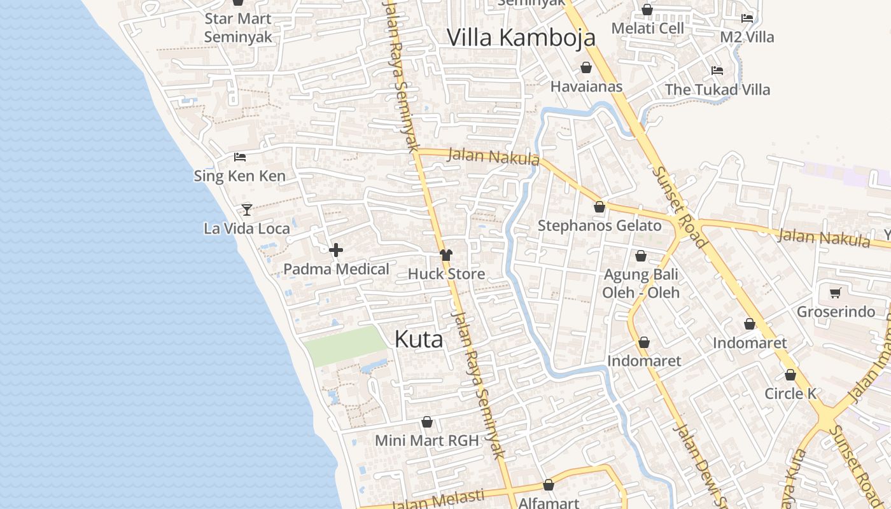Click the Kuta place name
pos(419,339)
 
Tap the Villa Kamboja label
pos(521,38)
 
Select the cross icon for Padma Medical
pos(336,250)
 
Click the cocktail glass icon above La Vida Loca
pos(247,209)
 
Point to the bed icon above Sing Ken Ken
pos(240,157)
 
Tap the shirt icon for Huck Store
pos(446,255)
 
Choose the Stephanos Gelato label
pos(600,226)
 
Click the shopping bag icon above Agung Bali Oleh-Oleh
pos(641,256)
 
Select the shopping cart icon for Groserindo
pos(836,293)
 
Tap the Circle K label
pos(790,394)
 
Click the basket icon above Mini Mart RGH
pos(427,422)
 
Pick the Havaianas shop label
pos(586,87)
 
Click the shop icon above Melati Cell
pos(647,10)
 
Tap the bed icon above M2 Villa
pos(747,18)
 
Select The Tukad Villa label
pos(717,90)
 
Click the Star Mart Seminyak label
pos(238,28)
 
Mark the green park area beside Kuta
pos(344,345)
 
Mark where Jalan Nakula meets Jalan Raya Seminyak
pos(417,151)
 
